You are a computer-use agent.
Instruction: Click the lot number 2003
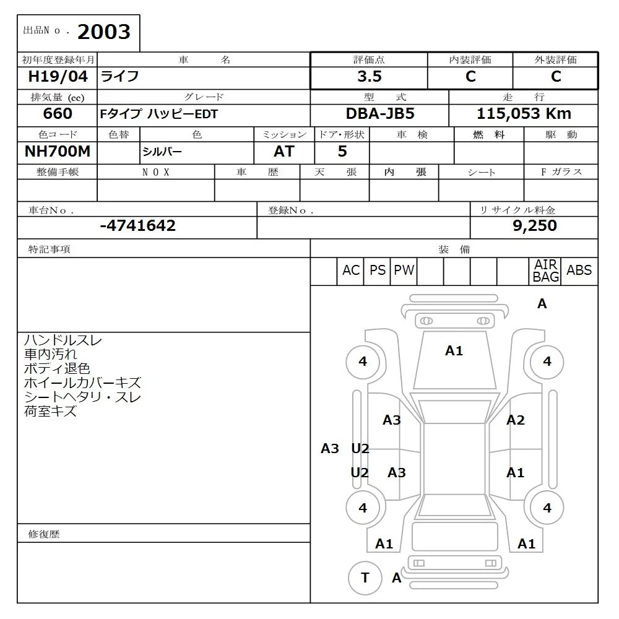pyautogui.click(x=103, y=32)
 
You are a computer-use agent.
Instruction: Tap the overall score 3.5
pyautogui.click(x=369, y=77)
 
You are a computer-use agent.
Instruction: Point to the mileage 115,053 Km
pyautogui.click(x=524, y=114)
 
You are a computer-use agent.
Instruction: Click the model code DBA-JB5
pyautogui.click(x=379, y=114)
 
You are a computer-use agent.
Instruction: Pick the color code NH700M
pyautogui.click(x=57, y=152)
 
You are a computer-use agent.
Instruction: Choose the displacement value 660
pyautogui.click(x=58, y=114)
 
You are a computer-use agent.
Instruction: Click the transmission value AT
pyautogui.click(x=284, y=152)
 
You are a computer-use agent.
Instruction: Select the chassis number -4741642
pyautogui.click(x=137, y=226)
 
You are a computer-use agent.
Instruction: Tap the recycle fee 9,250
pyautogui.click(x=535, y=226)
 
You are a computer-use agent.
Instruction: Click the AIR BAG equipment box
pyautogui.click(x=545, y=271)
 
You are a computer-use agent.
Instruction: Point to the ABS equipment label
pyautogui.click(x=579, y=271)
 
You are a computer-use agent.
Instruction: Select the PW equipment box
pyautogui.click(x=404, y=271)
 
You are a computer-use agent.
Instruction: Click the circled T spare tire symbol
pyautogui.click(x=365, y=578)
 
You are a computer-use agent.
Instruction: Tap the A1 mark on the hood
pyautogui.click(x=454, y=351)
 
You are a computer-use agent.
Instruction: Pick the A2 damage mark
pyautogui.click(x=515, y=420)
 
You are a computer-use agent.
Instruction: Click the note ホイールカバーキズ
pyautogui.click(x=82, y=383)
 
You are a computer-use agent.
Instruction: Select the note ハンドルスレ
pyautogui.click(x=63, y=340)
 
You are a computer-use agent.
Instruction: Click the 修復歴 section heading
pyautogui.click(x=44, y=534)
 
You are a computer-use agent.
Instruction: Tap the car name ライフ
pyautogui.click(x=120, y=77)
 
